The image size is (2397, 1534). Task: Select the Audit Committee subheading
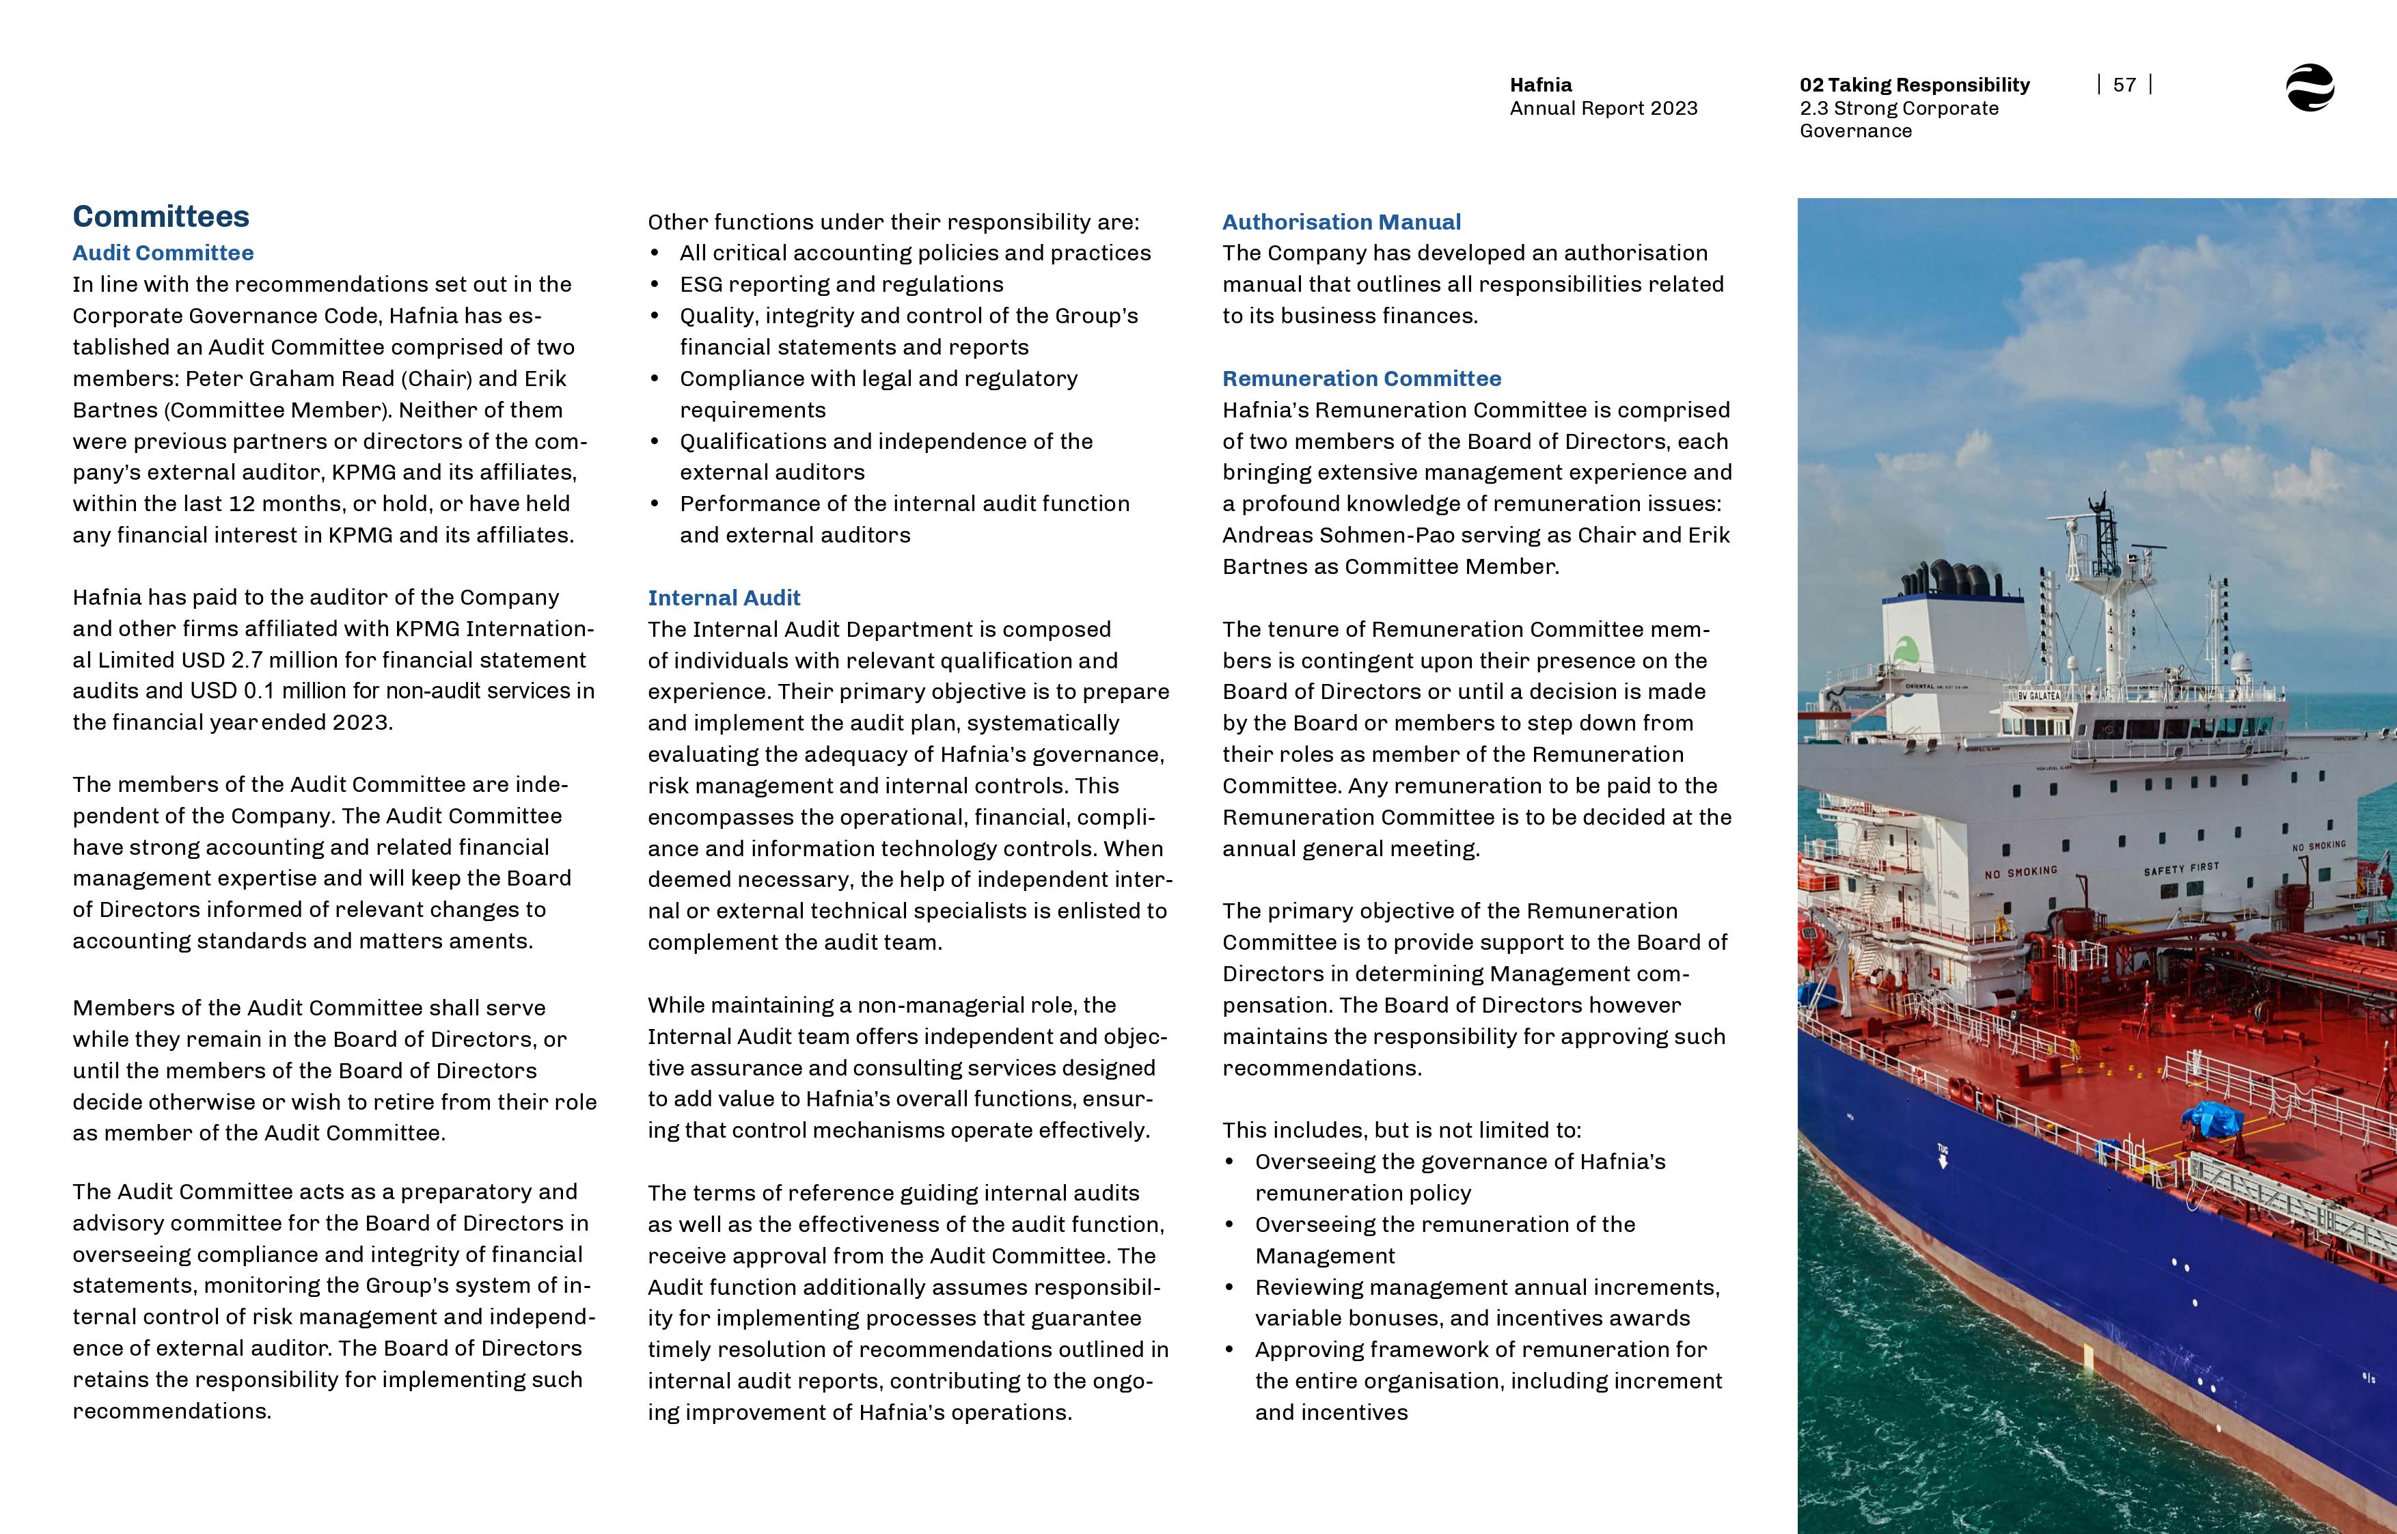pos(163,253)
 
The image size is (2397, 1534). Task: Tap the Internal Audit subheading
pos(724,598)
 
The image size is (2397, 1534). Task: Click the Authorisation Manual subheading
pos(1341,222)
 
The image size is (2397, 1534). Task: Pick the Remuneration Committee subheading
pos(1361,379)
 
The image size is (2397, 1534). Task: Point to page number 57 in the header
pos(2124,85)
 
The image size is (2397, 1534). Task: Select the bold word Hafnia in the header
pos(1541,85)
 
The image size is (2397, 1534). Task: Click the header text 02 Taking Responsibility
pos(1914,85)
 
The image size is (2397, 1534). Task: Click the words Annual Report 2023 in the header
pos(1603,109)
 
